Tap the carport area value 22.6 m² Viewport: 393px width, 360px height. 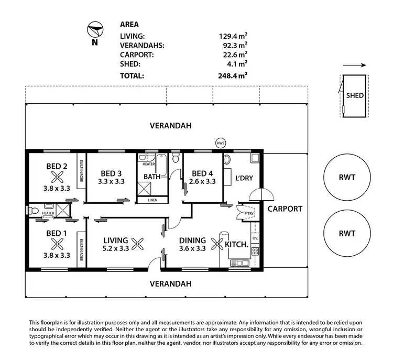point(233,54)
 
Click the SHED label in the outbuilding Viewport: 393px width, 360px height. point(355,96)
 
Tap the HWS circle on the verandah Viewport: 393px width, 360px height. point(220,142)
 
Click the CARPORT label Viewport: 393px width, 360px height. point(285,209)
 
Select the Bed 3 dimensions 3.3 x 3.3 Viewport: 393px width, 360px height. point(112,182)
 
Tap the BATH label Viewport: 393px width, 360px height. point(152,177)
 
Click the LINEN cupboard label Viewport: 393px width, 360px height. point(152,200)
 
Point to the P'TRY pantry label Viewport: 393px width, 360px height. point(246,214)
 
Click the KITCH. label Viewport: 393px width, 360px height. point(236,245)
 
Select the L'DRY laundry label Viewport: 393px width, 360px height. point(244,178)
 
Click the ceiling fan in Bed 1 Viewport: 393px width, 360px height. point(57,244)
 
